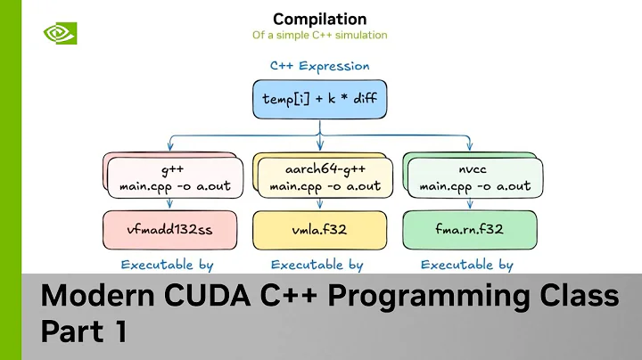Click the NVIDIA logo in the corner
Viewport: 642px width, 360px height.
[60, 32]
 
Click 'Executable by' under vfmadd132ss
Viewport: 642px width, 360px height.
[168, 265]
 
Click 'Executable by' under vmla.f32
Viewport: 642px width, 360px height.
[317, 265]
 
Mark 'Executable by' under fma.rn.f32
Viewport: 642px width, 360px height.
[466, 265]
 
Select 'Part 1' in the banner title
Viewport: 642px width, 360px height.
[84, 331]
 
